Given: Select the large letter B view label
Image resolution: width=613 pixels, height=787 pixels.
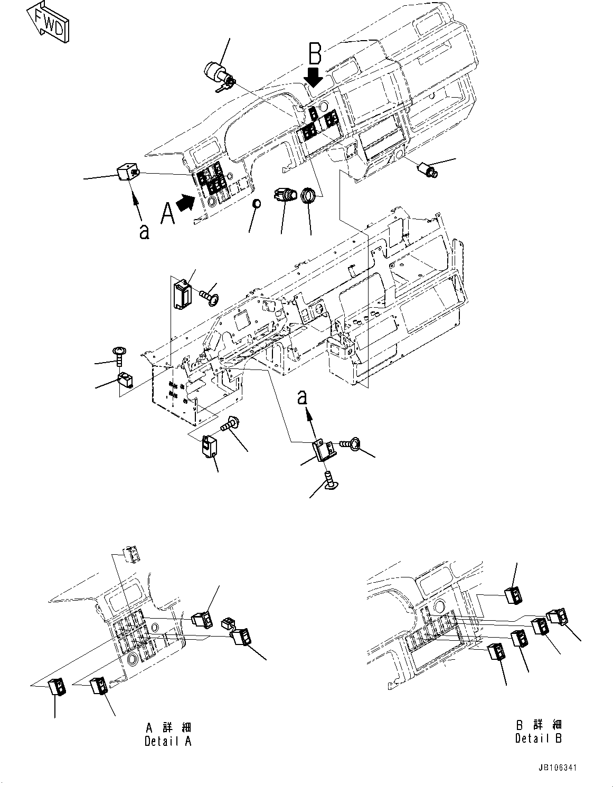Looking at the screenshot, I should coord(315,54).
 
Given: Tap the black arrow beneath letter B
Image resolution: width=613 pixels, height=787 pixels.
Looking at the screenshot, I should coord(314,78).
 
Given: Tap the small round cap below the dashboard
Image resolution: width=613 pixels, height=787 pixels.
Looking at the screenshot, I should coord(256,204).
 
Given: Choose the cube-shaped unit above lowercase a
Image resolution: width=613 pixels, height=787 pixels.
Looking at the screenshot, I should coord(127,173).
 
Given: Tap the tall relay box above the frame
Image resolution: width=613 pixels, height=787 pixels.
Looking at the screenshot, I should coord(181,292).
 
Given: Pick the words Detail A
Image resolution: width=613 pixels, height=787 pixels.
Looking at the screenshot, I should coord(168,741).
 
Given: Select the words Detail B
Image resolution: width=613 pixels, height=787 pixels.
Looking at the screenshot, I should coord(539,737).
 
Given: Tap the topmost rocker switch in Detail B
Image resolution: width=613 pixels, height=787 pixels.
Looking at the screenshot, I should coord(513,595).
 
